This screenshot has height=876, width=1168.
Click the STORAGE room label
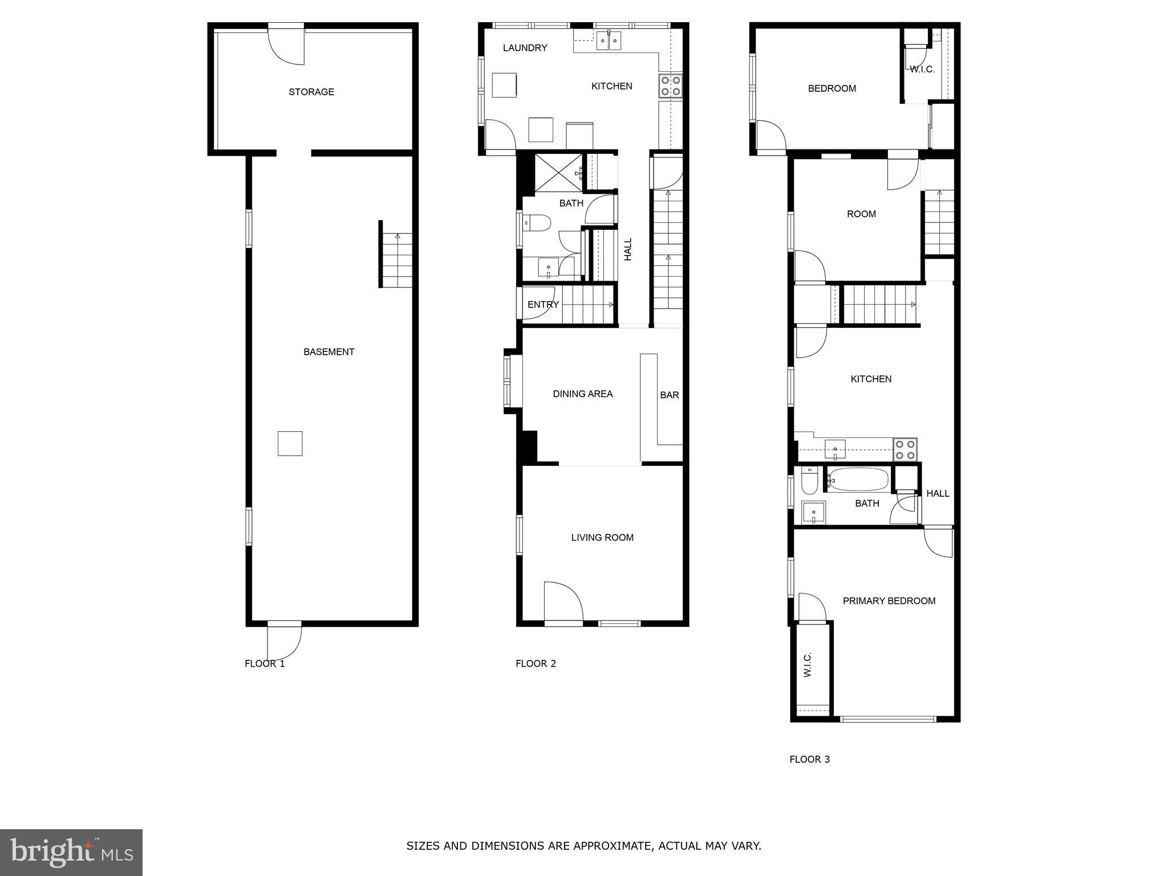[311, 92]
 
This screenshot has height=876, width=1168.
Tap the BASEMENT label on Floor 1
[328, 352]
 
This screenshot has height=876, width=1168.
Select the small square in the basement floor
[290, 443]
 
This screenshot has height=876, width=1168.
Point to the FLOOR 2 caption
[536, 663]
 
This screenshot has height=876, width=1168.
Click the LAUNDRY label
[525, 48]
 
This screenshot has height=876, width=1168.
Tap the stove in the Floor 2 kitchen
[670, 85]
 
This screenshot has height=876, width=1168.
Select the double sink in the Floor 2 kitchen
[609, 41]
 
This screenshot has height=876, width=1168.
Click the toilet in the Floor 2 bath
[536, 222]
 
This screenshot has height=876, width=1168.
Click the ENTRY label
[543, 305]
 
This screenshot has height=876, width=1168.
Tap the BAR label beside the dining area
[669, 395]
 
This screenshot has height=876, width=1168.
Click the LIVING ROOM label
[602, 537]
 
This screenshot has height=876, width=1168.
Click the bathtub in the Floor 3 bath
[858, 480]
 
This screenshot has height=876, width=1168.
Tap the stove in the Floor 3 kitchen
[905, 449]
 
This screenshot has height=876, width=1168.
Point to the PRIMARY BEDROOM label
[889, 601]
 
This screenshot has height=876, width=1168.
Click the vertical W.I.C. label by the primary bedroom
[808, 665]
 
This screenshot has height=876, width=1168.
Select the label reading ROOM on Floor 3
[861, 214]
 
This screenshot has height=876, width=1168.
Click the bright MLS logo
[71, 853]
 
